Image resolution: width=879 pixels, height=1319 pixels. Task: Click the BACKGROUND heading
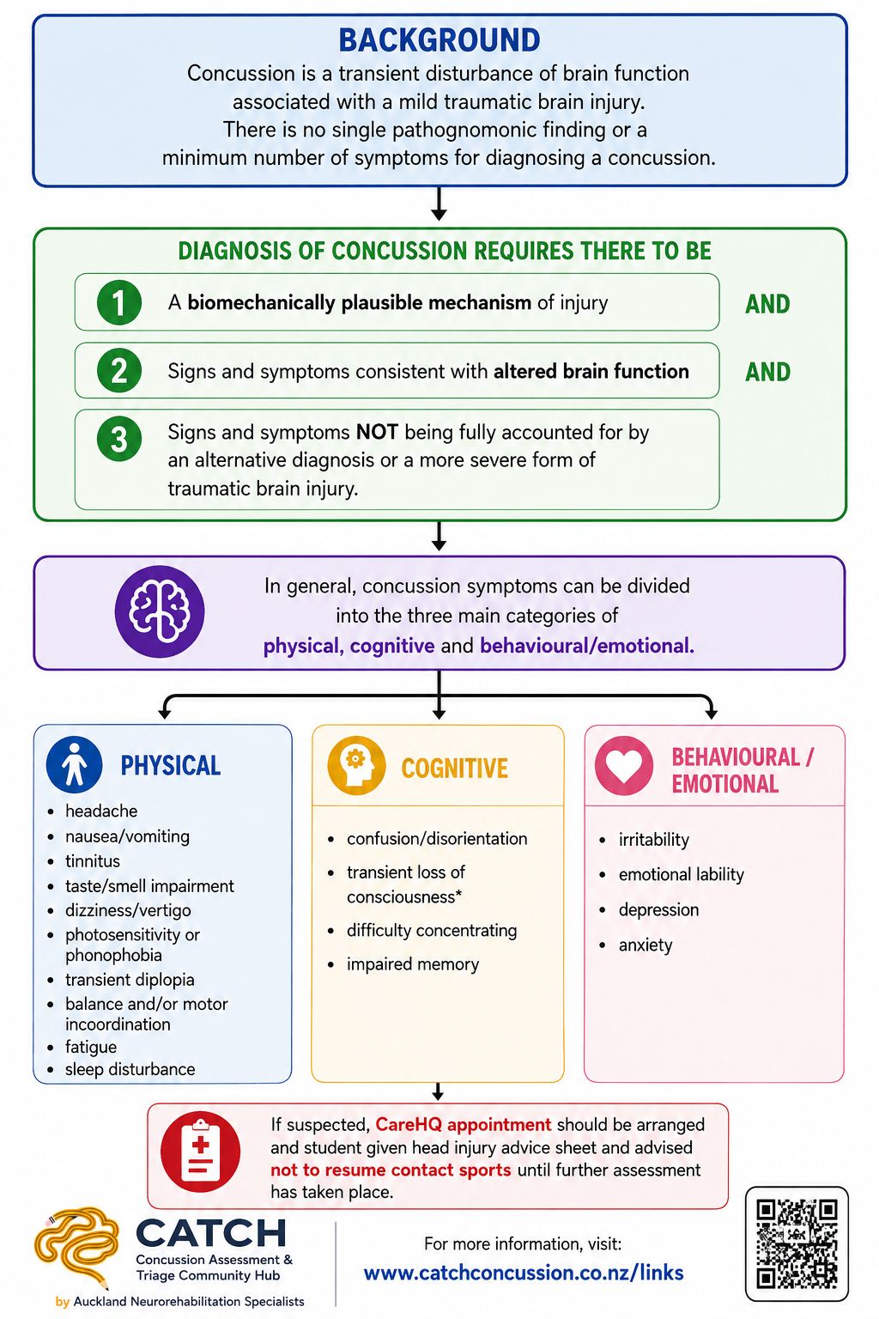[x=439, y=40]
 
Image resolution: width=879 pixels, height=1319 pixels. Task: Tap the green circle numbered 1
[x=119, y=302]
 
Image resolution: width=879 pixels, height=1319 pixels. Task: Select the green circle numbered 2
[x=119, y=370]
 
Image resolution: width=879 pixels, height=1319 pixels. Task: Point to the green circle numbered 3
[x=119, y=439]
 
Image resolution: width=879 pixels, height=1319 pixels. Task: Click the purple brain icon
[x=160, y=611]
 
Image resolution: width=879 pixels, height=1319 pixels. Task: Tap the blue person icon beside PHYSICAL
[x=74, y=764]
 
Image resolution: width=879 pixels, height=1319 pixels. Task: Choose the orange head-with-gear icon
[x=356, y=765]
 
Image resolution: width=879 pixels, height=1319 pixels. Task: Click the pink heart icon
[x=624, y=765]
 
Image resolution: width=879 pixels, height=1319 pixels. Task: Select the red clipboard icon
[x=200, y=1152]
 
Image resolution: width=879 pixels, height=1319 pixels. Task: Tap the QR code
[x=797, y=1243]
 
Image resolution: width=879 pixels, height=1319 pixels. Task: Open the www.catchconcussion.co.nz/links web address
[x=524, y=1273]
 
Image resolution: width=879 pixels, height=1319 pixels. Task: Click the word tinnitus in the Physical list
[x=93, y=861]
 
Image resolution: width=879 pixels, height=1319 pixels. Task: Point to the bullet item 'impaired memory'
[x=413, y=964]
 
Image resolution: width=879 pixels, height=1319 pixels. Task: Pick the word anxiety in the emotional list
[x=646, y=945]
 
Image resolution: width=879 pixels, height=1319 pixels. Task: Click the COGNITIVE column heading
[x=454, y=769]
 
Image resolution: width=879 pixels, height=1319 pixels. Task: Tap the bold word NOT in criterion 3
[x=378, y=432]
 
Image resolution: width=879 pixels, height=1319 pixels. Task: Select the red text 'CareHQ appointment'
[x=464, y=1124]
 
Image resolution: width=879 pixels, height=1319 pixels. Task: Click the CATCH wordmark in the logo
[x=211, y=1232]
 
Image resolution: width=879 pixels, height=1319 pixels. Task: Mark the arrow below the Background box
[x=439, y=204]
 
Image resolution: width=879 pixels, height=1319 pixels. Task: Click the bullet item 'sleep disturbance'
[x=130, y=1069]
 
